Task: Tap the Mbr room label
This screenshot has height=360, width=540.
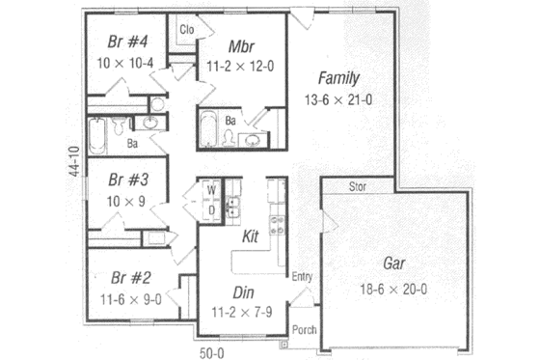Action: point(241,46)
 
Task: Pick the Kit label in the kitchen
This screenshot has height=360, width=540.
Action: point(250,235)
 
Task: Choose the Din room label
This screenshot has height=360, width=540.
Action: point(242,292)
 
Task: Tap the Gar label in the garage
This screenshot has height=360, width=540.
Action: point(393,263)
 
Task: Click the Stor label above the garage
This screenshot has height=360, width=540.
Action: point(357,186)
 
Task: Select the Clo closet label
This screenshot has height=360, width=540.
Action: point(187,29)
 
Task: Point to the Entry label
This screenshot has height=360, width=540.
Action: point(302,277)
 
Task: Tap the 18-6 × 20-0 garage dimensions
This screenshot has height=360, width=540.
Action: point(393,289)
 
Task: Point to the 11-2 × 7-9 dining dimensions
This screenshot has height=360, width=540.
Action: point(242,312)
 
